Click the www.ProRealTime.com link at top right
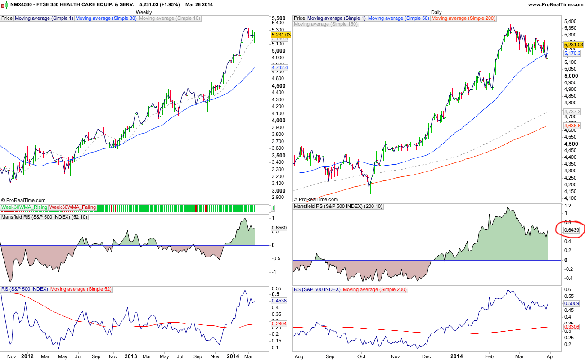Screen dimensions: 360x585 tap(555, 4)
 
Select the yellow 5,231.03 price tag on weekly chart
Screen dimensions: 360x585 tap(281, 35)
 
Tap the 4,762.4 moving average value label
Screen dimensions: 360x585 tap(280, 67)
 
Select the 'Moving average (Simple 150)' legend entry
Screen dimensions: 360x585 tap(326, 24)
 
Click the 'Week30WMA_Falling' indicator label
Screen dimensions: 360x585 tap(72, 207)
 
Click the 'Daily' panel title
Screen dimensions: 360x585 tap(436, 11)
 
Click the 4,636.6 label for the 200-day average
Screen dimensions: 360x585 tap(573, 126)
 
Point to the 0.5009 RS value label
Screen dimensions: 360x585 tap(573, 304)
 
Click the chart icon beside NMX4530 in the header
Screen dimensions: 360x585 tap(5, 4)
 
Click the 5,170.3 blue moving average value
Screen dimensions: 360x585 tap(573, 53)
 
